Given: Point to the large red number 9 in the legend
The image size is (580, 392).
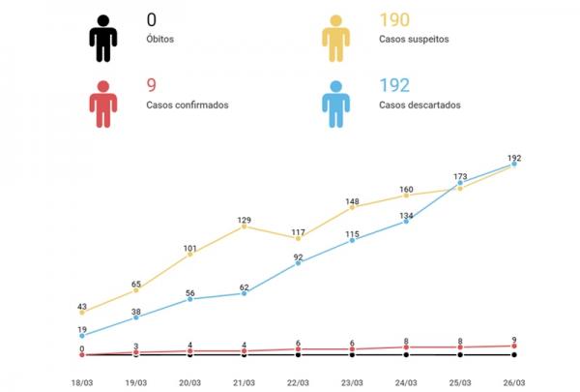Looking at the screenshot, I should pos(152,85).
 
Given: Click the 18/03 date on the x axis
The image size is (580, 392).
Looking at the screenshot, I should pos(82,382).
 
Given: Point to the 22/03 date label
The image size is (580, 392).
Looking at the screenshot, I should pos(298,382).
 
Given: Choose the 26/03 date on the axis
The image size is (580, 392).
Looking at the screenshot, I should pos(514,382).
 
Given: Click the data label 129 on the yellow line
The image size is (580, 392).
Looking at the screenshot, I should pos(244,220).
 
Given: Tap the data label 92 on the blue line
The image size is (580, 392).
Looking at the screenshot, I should pos(298,256).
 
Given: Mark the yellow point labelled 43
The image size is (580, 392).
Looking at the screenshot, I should pos(82,312).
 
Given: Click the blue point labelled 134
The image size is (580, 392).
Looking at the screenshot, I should pos(406,222).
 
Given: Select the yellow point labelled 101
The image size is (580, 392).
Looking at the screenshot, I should pos(189,254).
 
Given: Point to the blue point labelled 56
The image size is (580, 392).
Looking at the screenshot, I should pos(189,299).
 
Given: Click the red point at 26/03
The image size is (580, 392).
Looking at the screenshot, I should pos(514,346).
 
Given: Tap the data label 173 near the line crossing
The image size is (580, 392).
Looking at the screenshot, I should pos(460,177).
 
